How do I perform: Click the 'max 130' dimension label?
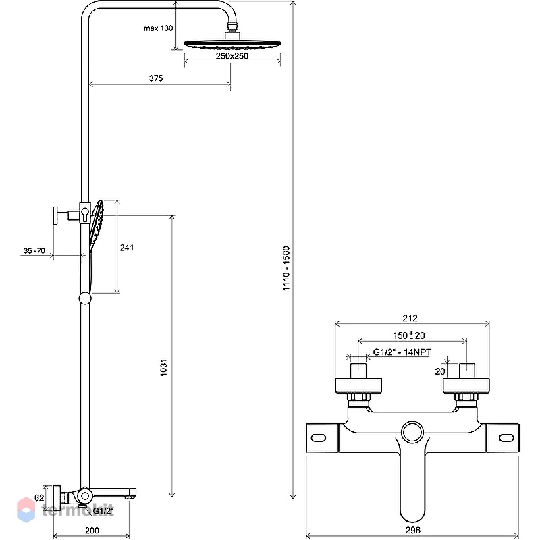click(x=158, y=28)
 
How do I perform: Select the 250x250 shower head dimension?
click(x=232, y=56)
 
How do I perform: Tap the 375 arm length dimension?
click(x=156, y=78)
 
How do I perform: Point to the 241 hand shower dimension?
click(x=126, y=248)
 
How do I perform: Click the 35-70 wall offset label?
click(x=34, y=250)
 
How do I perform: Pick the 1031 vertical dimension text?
click(x=163, y=367)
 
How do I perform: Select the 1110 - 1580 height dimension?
click(x=286, y=268)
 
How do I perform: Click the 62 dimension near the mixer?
click(x=39, y=497)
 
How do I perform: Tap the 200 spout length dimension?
click(x=92, y=531)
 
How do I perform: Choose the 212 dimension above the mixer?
click(x=410, y=318)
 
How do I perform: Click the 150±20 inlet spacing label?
click(x=409, y=335)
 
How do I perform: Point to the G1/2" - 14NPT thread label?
click(x=402, y=352)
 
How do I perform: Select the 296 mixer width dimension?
click(x=412, y=530)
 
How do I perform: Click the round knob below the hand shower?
click(x=85, y=298)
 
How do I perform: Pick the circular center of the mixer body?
click(x=412, y=433)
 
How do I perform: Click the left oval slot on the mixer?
click(x=318, y=438)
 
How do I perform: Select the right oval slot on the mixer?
click(x=507, y=438)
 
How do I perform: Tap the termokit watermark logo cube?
click(x=26, y=510)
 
